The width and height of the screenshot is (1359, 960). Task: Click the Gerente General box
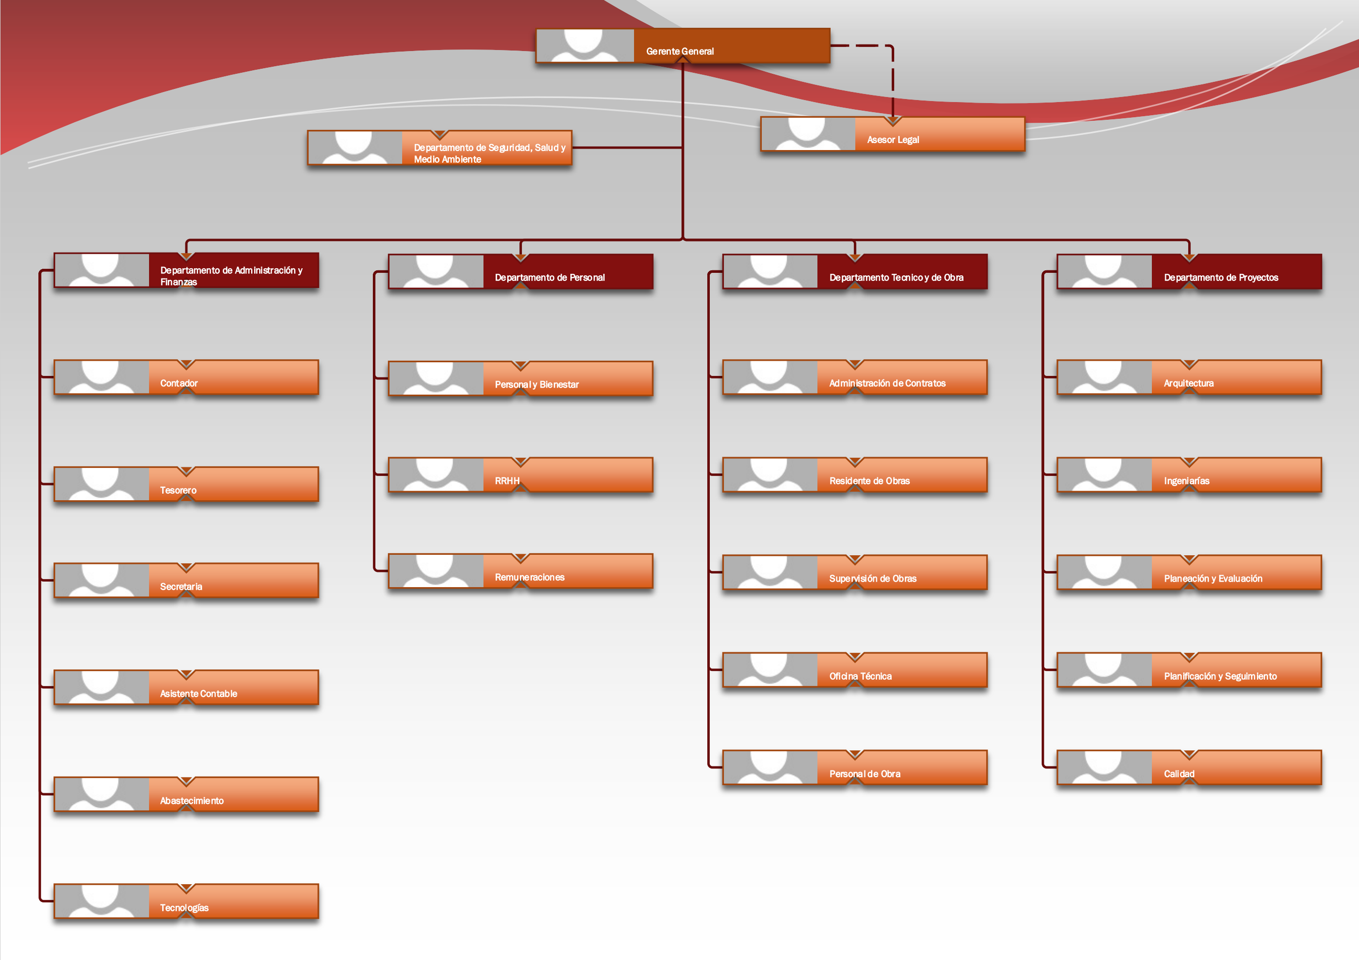coord(683,45)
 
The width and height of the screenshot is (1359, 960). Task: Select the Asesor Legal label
coord(893,139)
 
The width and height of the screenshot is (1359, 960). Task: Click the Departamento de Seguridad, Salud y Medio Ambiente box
coord(440,148)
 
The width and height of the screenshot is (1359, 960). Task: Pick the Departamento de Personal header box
coord(521,272)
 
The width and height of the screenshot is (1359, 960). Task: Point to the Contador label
coord(179,383)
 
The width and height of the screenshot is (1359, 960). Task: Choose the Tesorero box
coord(186,484)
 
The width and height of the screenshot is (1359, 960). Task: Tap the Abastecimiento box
coord(186,794)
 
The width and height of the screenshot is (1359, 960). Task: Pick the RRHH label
coord(507,481)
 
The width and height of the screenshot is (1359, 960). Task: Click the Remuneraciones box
coord(521,571)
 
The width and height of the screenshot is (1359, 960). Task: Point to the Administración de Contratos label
coord(887,383)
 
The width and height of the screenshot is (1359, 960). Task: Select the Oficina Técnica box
coord(855,670)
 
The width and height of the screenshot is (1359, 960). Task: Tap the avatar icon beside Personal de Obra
coord(770,767)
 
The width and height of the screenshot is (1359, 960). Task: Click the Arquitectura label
coord(1189,383)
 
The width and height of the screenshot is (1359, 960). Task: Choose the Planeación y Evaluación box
coord(1189,572)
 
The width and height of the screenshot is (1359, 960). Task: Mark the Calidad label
coord(1179,774)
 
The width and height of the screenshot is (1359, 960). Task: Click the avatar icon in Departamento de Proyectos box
coord(1105,272)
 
